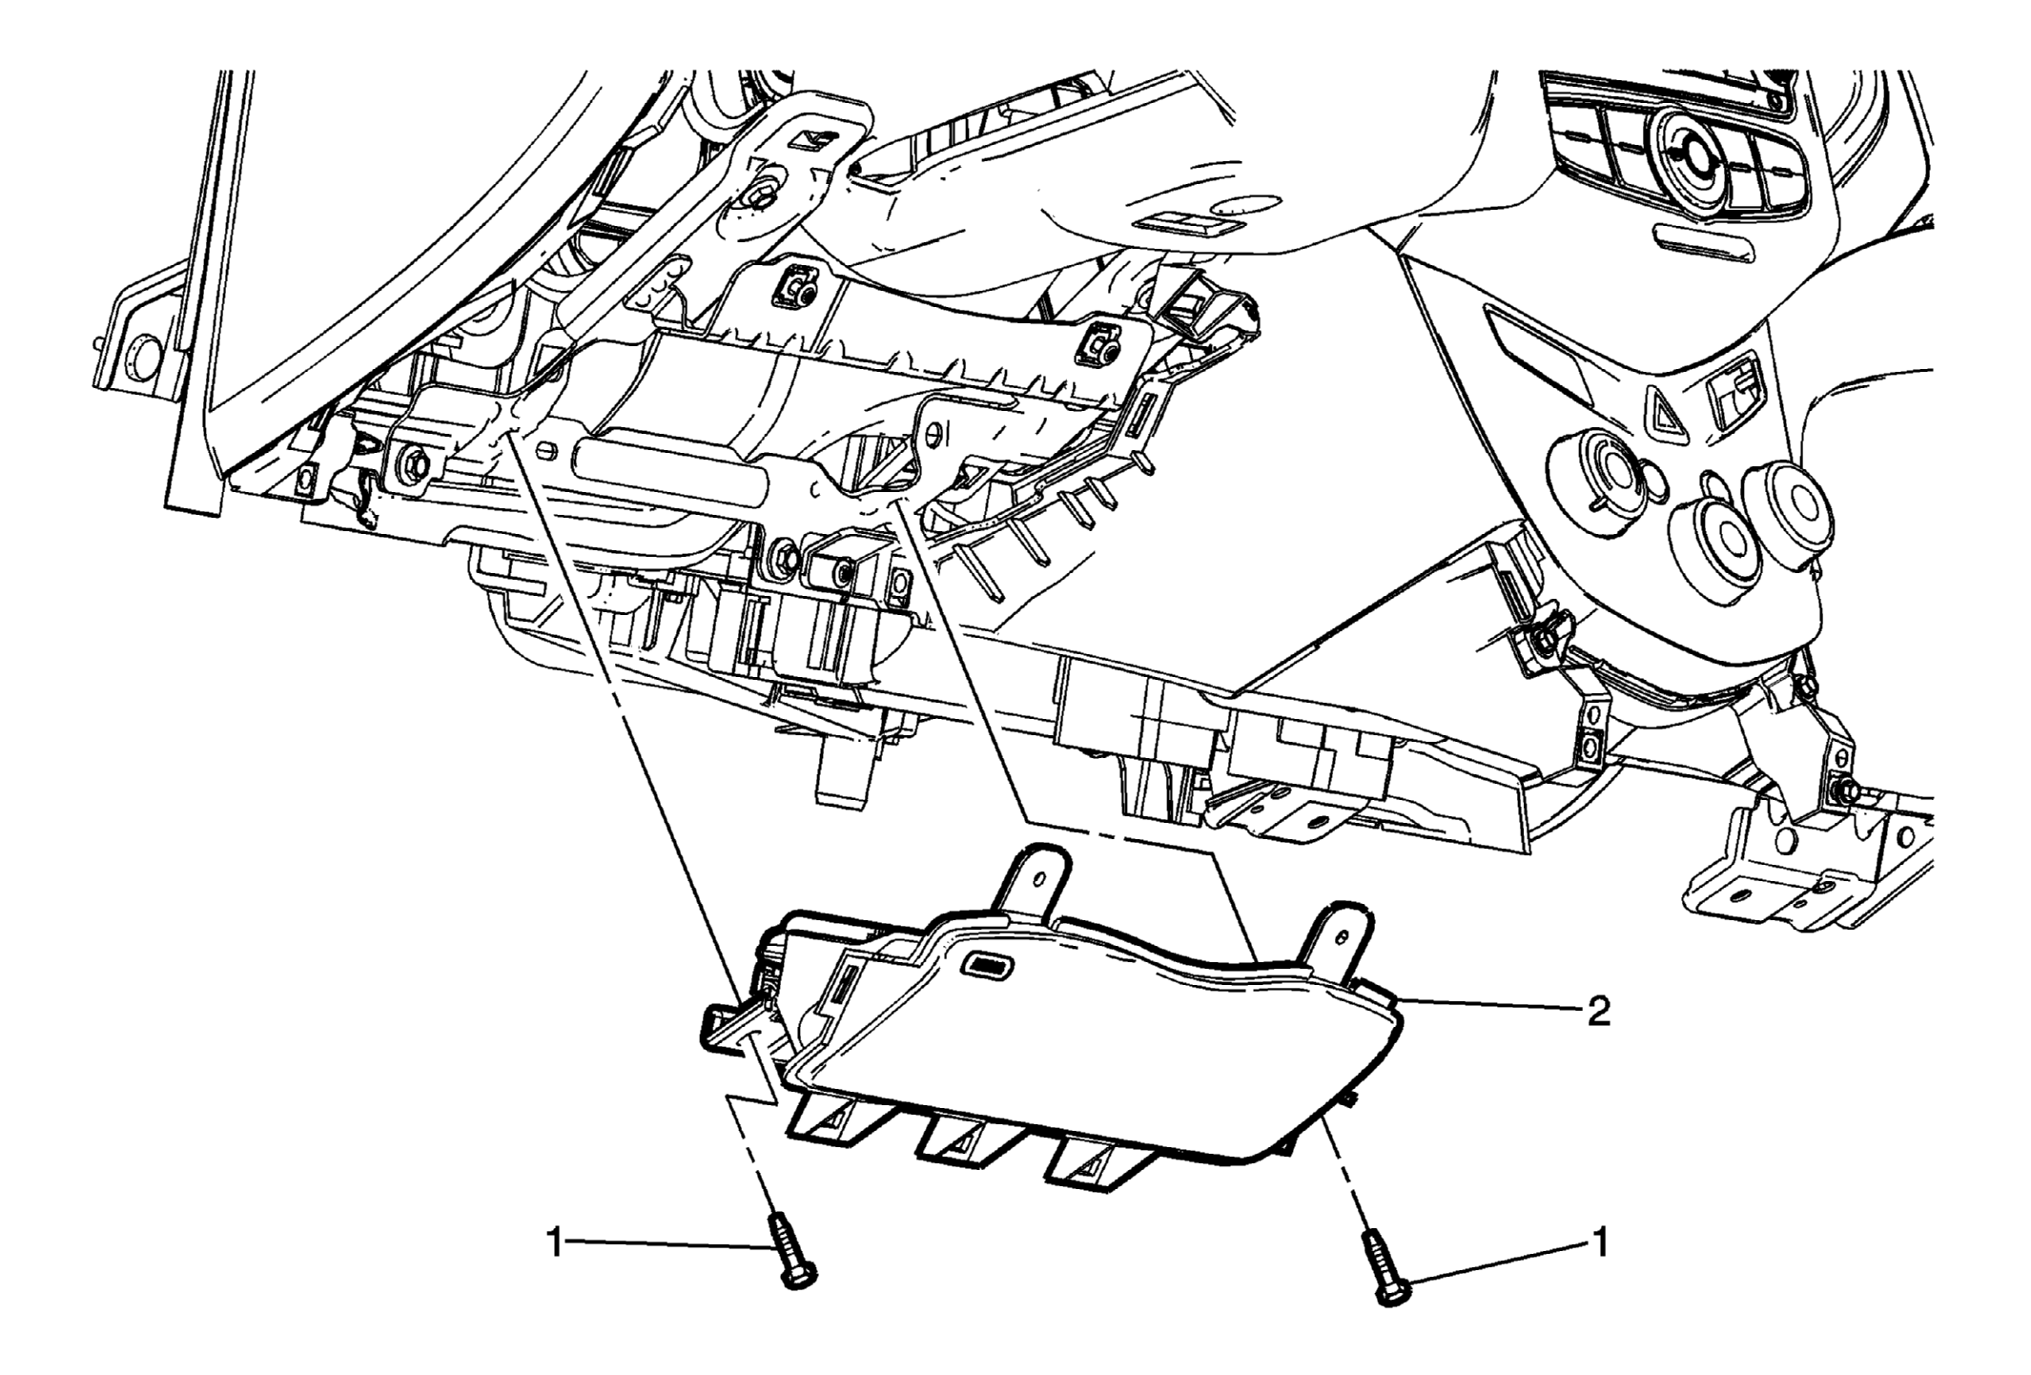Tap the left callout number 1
[554, 1242]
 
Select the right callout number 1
[1601, 1242]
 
